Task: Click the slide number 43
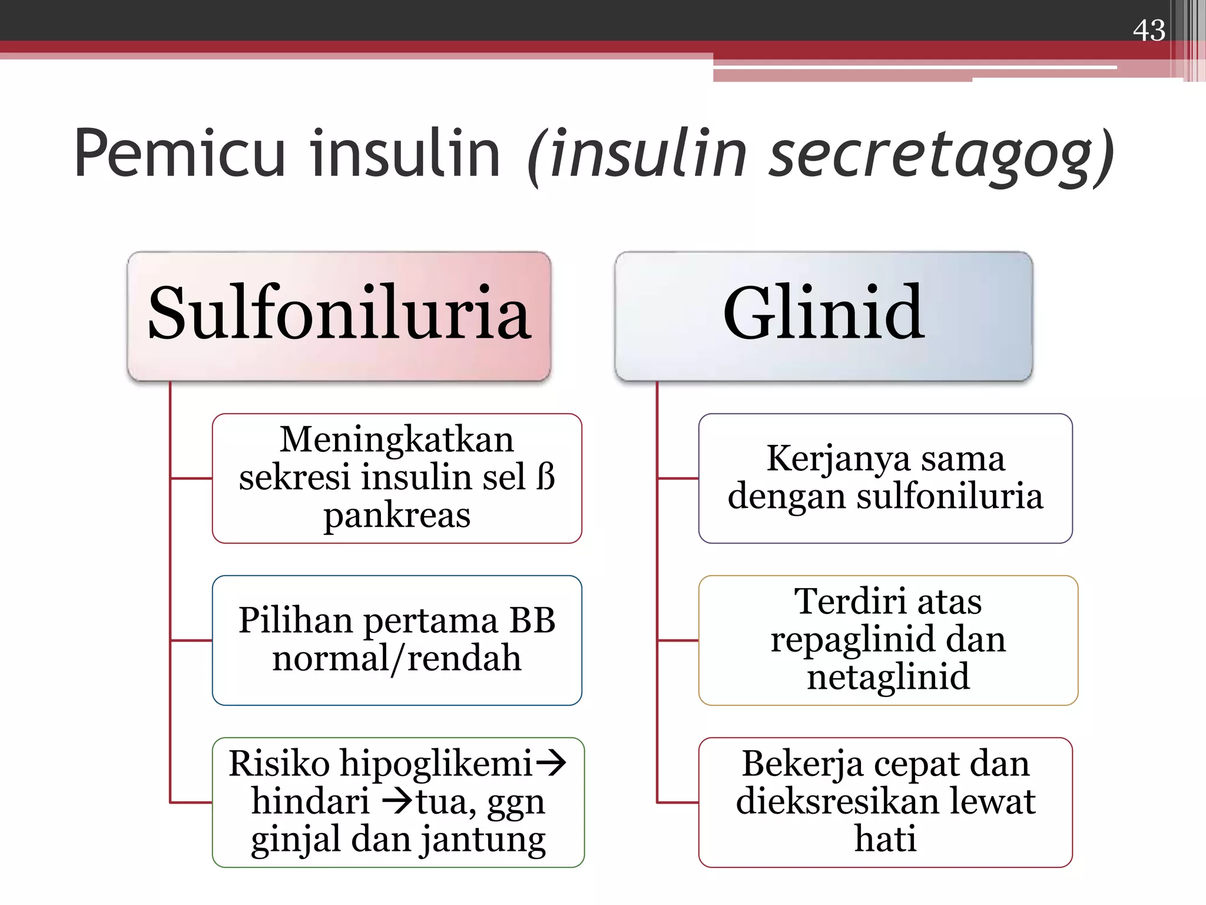pos(1148,30)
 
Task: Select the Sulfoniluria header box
pos(339,315)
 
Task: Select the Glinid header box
pos(823,315)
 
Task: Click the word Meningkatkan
pos(396,440)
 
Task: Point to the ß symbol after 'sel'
pos(546,477)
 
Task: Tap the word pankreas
pos(397,515)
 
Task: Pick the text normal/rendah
pos(396,658)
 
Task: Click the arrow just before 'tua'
pos(397,801)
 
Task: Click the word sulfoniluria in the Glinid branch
pos(949,496)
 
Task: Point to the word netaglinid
pos(887,676)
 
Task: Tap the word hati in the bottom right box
pos(885,839)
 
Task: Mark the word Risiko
pos(279,764)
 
